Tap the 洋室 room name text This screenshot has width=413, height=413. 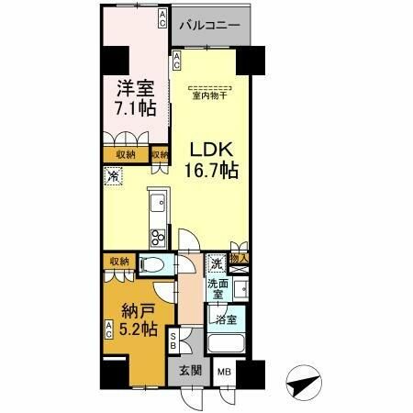pos(134,89)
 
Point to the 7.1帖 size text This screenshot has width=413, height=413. pos(134,109)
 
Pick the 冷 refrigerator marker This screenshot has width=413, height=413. pos(113,176)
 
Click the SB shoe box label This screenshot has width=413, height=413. pos(174,342)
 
